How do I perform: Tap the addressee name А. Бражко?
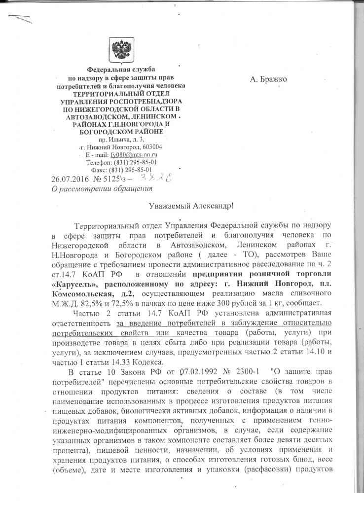tap(269, 79)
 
